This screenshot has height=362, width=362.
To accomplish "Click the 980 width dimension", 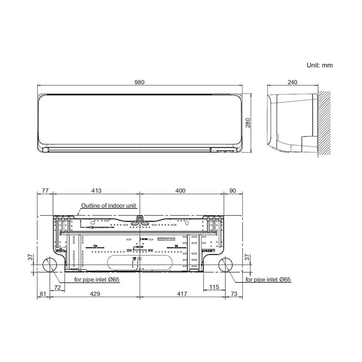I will pyautogui.click(x=140, y=82).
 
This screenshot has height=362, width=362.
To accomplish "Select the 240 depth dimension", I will pyautogui.click(x=292, y=82).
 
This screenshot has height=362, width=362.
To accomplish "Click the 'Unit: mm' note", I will pyautogui.click(x=320, y=65).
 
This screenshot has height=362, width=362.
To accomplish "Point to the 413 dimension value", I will pyautogui.click(x=96, y=191).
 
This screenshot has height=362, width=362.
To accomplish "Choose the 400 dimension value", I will pyautogui.click(x=180, y=191).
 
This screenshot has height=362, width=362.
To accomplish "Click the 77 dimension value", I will pyautogui.click(x=45, y=191).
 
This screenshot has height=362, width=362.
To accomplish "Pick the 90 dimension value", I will pyautogui.click(x=233, y=191).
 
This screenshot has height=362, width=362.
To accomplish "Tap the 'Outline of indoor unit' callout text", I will pyautogui.click(x=109, y=205).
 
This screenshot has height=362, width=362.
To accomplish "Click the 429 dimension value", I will pyautogui.click(x=95, y=294).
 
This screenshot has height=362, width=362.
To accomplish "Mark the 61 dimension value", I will pyautogui.click(x=43, y=294).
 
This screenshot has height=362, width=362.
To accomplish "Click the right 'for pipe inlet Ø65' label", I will pyautogui.click(x=268, y=279).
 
